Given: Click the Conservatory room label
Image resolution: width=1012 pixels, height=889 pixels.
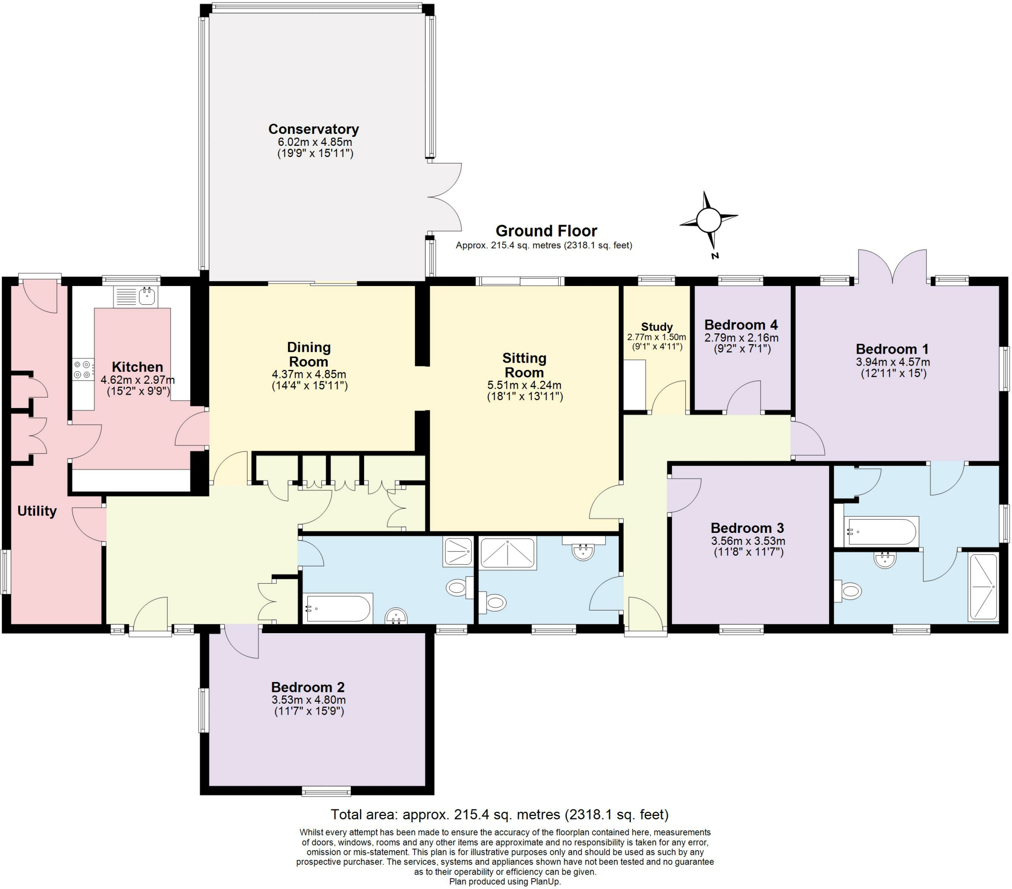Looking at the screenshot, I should pyautogui.click(x=313, y=129).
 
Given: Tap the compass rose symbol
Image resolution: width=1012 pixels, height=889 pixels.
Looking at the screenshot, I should pyautogui.click(x=708, y=220).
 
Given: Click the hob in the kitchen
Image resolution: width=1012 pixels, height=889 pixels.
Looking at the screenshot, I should pyautogui.click(x=83, y=369).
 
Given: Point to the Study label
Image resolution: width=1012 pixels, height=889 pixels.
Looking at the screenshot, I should pyautogui.click(x=657, y=326).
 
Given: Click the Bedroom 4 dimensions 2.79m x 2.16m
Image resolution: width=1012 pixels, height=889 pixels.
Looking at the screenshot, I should pyautogui.click(x=741, y=338).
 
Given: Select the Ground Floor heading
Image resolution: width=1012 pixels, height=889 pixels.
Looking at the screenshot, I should pyautogui.click(x=546, y=231).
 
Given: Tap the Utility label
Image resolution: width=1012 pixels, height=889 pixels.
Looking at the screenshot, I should pyautogui.click(x=37, y=511).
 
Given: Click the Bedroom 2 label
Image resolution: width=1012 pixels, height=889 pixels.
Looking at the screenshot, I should pyautogui.click(x=307, y=687).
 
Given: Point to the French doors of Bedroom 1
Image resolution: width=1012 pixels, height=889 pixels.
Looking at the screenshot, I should pyautogui.click(x=892, y=267).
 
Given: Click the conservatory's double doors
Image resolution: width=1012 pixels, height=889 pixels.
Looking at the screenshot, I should pyautogui.click(x=445, y=197).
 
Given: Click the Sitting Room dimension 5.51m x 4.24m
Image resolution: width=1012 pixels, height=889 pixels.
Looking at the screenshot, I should pyautogui.click(x=524, y=385).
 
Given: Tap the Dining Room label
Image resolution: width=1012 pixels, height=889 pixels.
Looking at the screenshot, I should pyautogui.click(x=308, y=355).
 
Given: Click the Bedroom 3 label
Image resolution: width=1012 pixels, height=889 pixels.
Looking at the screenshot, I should pyautogui.click(x=747, y=528).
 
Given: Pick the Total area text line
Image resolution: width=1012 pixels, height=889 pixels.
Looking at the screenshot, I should pyautogui.click(x=499, y=814).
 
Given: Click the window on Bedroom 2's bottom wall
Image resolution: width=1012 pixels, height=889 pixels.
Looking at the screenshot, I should pyautogui.click(x=326, y=792).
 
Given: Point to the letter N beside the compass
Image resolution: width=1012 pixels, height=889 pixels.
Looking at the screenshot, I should pyautogui.click(x=715, y=256).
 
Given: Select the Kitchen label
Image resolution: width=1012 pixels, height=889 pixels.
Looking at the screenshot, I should pyautogui.click(x=137, y=367).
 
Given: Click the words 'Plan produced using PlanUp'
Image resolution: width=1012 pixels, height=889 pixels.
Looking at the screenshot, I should pyautogui.click(x=505, y=882).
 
